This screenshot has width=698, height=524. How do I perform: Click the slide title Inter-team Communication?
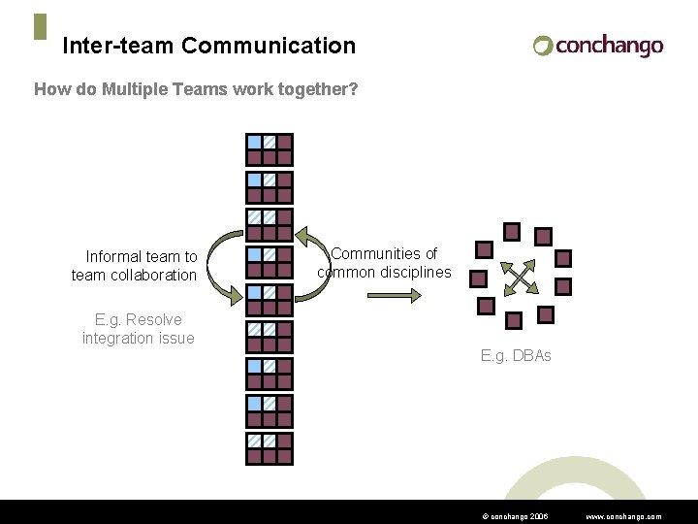point(208,46)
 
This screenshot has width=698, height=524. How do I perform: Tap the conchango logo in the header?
point(598,46)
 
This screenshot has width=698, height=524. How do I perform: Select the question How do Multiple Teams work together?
point(196,90)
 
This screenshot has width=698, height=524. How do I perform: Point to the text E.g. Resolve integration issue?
point(138,329)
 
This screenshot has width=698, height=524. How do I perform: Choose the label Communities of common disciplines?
point(385,263)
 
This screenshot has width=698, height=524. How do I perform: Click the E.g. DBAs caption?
point(516,356)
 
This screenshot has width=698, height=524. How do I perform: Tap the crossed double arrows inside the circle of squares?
point(521,278)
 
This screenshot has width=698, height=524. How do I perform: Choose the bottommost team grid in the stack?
point(269,447)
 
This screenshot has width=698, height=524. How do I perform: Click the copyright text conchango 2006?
point(514,517)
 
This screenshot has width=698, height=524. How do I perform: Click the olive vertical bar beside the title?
point(40,26)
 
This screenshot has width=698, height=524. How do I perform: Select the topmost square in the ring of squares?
point(512,231)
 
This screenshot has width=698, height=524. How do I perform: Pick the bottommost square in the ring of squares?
point(515,319)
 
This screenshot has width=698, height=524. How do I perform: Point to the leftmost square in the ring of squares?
point(478,278)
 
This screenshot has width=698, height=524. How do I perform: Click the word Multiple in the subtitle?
point(121,90)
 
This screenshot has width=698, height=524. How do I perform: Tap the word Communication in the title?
point(269,46)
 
